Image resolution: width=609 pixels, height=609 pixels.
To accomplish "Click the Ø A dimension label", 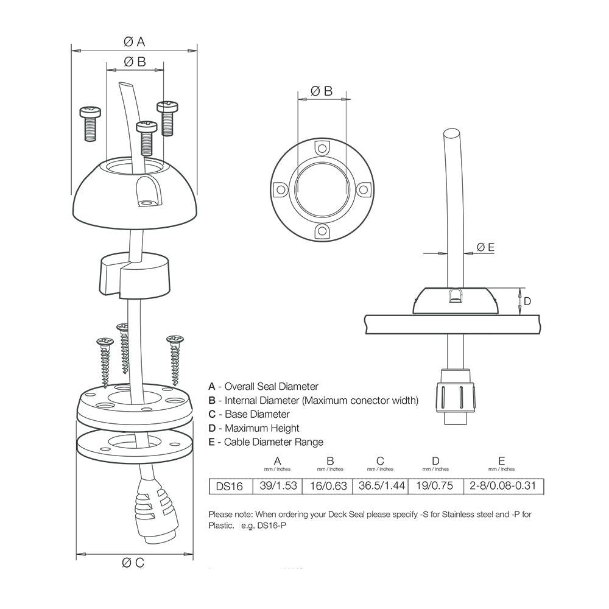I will point(134,41).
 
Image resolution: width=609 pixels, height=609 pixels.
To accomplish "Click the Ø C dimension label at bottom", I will point(133,563).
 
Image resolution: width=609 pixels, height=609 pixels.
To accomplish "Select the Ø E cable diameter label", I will point(485,247).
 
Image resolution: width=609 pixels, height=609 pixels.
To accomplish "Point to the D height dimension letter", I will point(527,301).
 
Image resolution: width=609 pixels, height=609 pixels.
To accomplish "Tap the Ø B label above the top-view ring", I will point(321,91).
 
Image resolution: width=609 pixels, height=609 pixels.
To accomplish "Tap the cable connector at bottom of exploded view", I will point(153,509).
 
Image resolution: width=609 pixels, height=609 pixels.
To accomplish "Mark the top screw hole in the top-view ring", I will point(322,147).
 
